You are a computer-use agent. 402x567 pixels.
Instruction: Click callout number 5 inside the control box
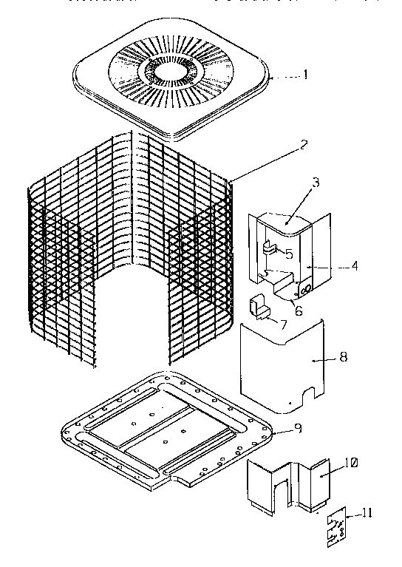[289, 254]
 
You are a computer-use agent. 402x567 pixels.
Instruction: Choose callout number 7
[282, 323]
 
